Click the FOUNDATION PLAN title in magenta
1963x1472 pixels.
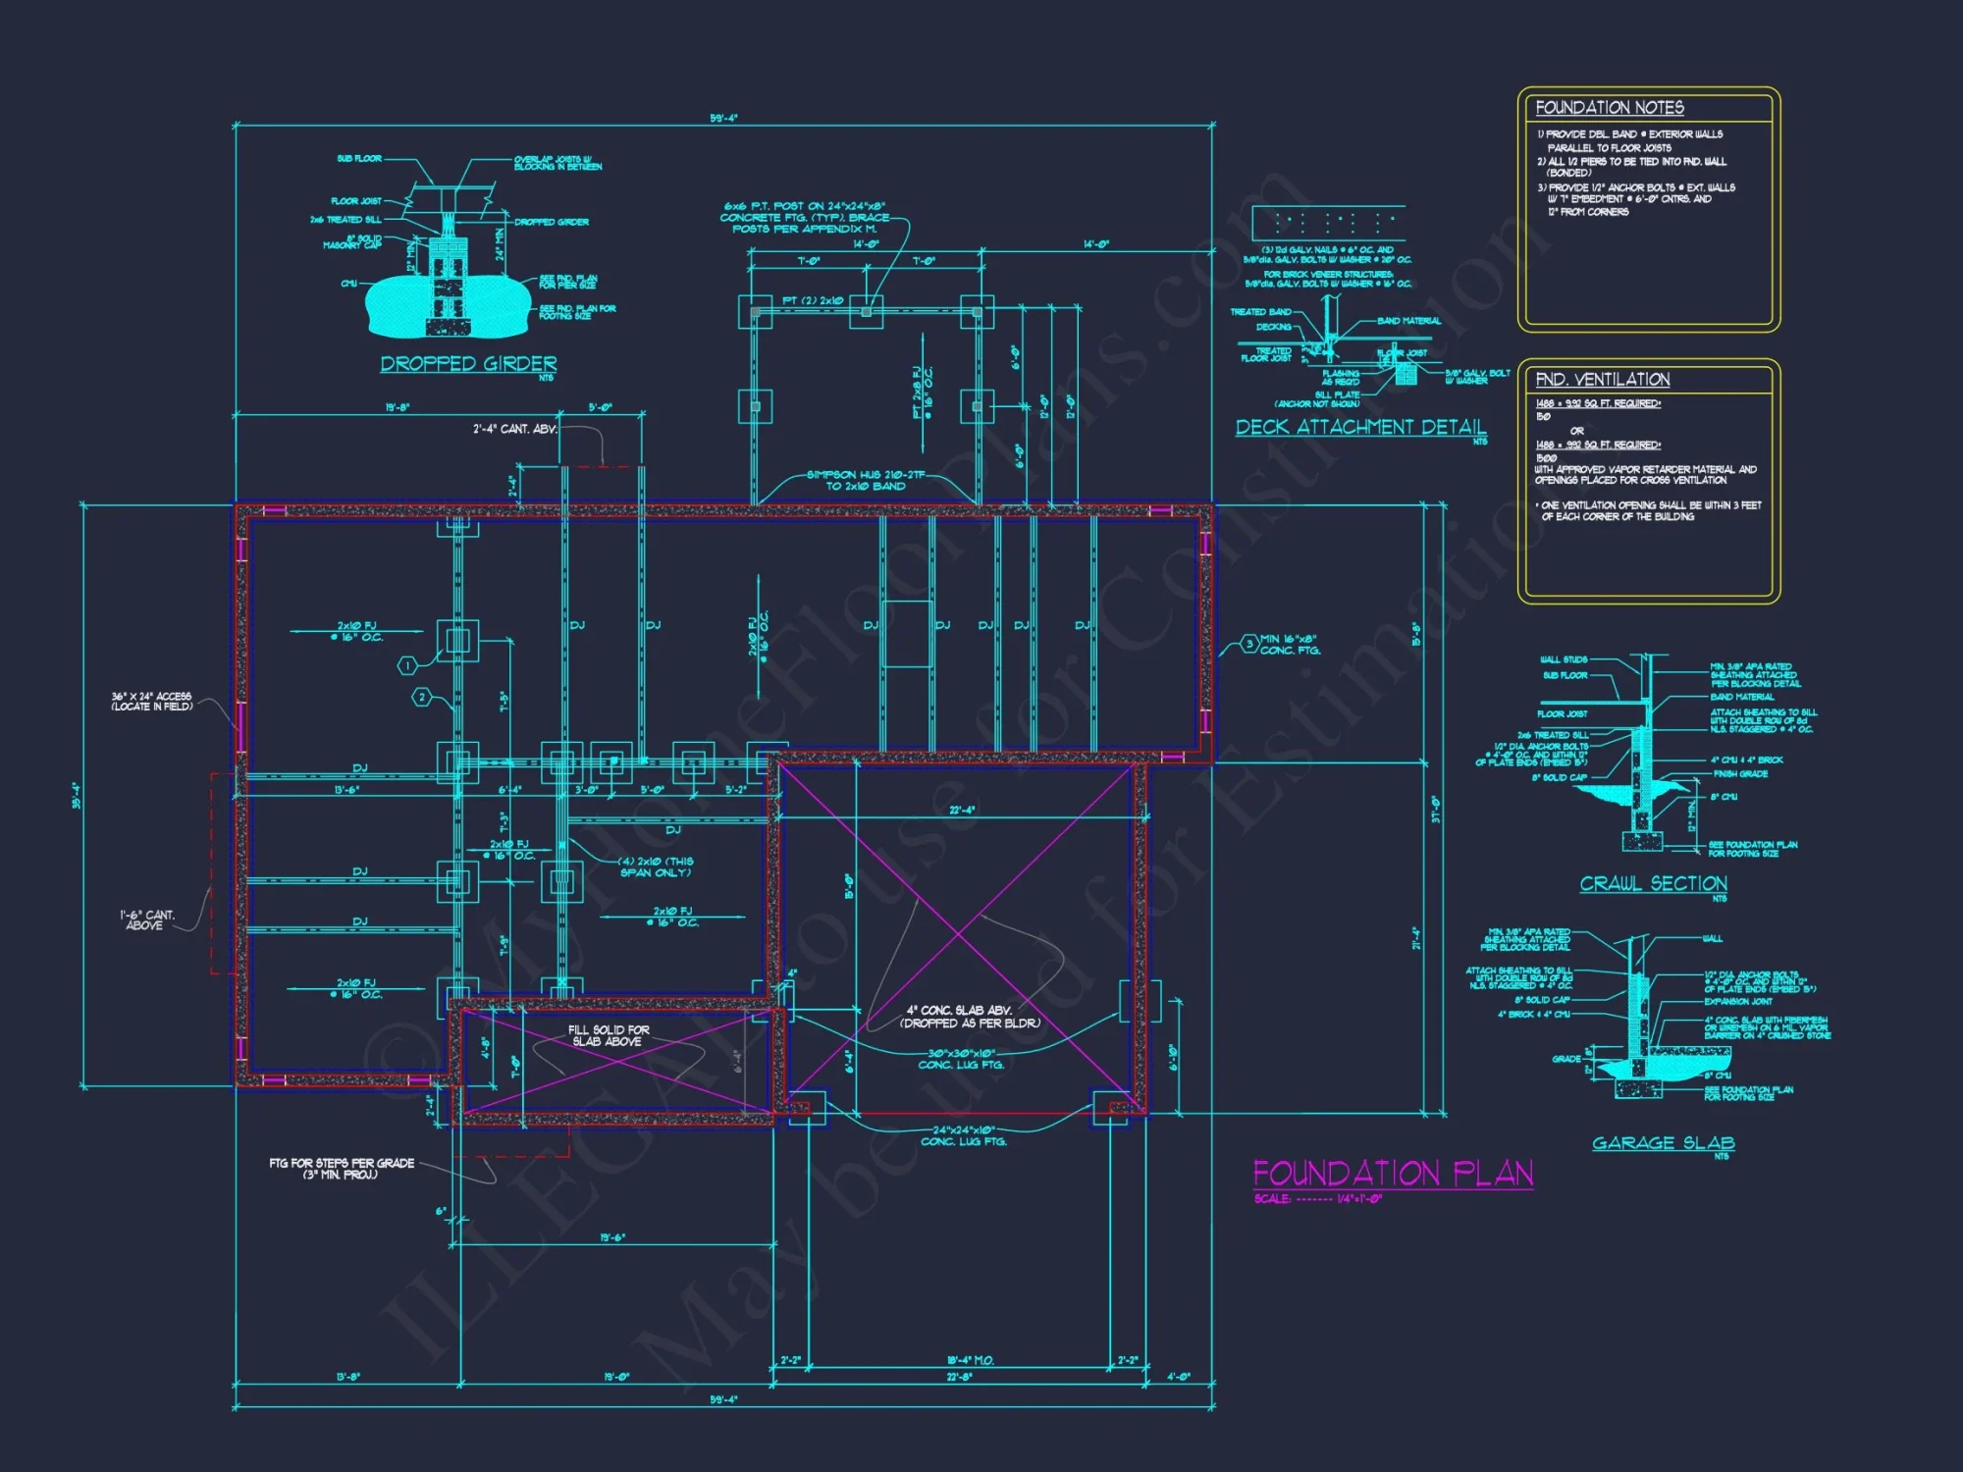coord(1393,1174)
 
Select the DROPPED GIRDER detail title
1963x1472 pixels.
coord(468,364)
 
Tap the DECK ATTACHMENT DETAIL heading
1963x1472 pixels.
coord(1360,427)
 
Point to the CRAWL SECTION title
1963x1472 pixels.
coord(1653,884)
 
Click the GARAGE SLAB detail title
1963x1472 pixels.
coord(1663,1143)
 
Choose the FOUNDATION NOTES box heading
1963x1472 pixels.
coord(1610,108)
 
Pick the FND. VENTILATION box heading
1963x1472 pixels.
coord(1602,380)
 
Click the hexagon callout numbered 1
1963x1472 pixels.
coord(407,666)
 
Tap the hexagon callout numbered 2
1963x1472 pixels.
coord(422,698)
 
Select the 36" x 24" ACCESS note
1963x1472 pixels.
coord(151,702)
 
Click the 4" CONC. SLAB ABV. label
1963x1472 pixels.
coord(969,1017)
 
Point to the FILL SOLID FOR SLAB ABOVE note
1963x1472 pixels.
coord(609,1035)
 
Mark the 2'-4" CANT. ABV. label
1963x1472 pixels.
coord(514,429)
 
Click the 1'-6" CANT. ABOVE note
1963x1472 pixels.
coord(146,920)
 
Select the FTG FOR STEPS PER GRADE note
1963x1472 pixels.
coord(342,1168)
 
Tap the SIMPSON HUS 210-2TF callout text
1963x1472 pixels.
coord(866,480)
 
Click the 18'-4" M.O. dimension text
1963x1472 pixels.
coord(970,1360)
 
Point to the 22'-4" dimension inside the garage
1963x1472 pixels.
coord(962,810)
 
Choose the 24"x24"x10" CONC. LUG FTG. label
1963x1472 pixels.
coord(963,1135)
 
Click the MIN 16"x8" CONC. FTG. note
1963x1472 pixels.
coord(1290,645)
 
